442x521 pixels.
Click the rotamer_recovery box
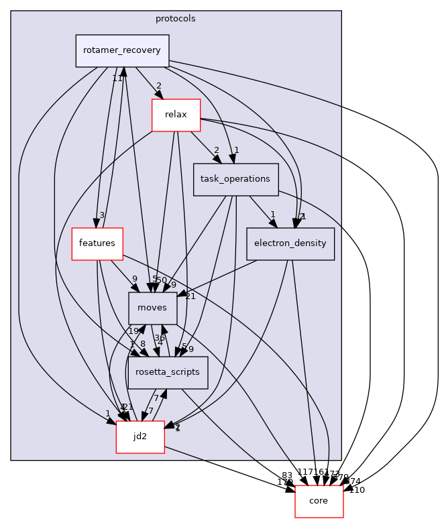[122, 51]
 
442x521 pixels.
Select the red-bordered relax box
[176, 115]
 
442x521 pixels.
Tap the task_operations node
[235, 179]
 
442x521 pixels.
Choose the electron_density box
[290, 243]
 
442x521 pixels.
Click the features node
[97, 243]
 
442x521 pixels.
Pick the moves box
[153, 308]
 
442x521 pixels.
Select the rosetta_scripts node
[168, 372]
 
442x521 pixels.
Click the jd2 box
[140, 437]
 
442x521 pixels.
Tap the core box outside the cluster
[319, 501]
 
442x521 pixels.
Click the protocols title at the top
[176, 19]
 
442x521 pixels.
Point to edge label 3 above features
[101, 215]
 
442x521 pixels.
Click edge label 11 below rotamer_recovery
[117, 78]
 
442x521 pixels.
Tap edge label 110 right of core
[357, 490]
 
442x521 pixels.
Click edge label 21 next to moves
[190, 296]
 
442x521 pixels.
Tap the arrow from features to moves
[121, 274]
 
